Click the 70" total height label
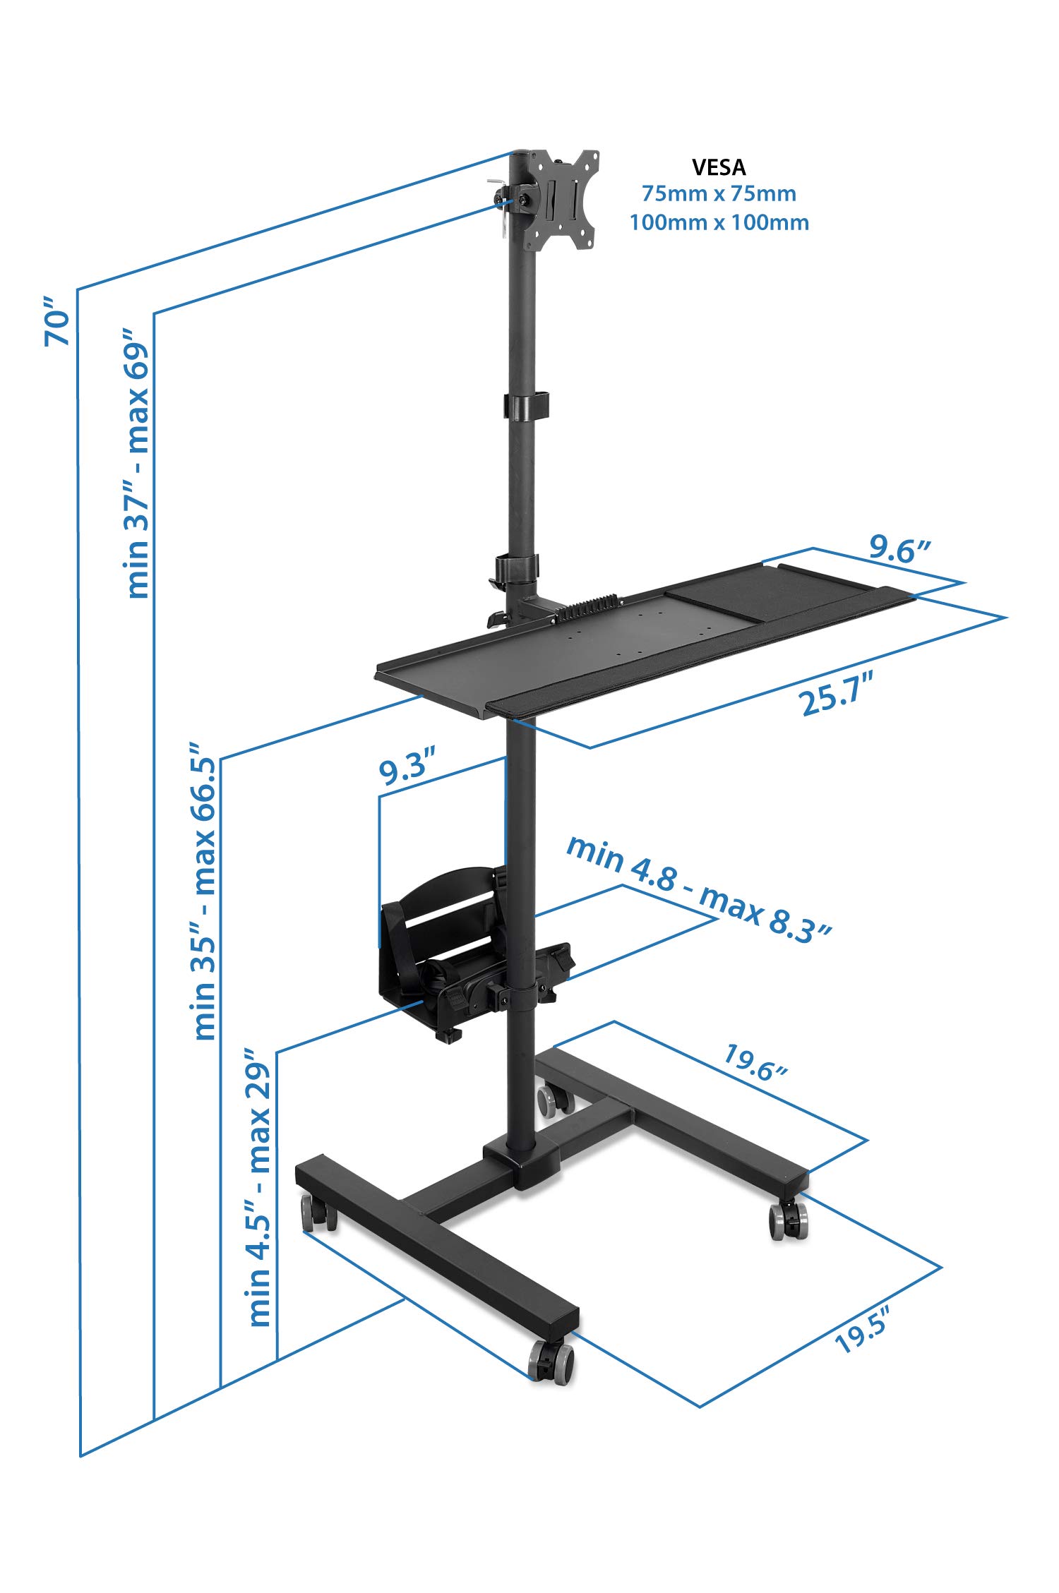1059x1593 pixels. click(x=58, y=322)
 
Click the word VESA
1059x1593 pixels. click(x=719, y=167)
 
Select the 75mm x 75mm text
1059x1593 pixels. click(x=719, y=193)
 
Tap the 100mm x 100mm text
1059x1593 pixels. click(x=719, y=222)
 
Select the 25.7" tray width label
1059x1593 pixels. click(x=838, y=694)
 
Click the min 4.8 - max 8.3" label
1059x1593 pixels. click(x=699, y=889)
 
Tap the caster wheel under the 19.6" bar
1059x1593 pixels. click(x=788, y=1218)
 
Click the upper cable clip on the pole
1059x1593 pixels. click(x=526, y=405)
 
